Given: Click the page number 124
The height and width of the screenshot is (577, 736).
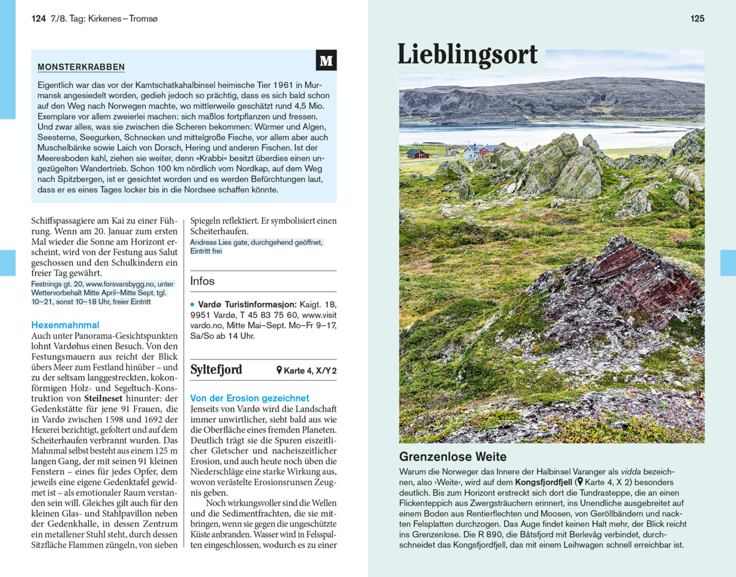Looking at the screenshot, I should click(39, 18).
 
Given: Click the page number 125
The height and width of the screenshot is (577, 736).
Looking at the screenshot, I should click(697, 18).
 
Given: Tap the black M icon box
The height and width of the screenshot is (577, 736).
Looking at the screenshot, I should click(326, 61).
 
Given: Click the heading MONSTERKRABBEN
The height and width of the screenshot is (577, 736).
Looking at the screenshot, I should click(81, 67).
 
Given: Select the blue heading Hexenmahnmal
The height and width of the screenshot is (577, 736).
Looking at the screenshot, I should click(65, 325).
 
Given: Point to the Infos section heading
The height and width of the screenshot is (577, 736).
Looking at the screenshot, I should click(202, 281).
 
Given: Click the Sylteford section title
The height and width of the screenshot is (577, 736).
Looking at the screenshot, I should click(216, 370).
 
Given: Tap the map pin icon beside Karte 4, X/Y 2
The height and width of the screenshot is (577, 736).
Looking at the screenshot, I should click(279, 370).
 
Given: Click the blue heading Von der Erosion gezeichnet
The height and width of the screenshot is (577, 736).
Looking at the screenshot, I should click(249, 398).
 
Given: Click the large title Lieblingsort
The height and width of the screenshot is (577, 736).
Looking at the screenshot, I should click(467, 55).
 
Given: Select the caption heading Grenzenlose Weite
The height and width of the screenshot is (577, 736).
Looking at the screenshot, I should click(453, 456).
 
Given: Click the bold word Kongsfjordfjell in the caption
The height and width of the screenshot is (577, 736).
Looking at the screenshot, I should click(543, 482).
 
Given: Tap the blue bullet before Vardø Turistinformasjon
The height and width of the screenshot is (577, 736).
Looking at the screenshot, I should click(193, 305).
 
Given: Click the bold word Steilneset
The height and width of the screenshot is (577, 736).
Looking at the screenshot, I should click(103, 398).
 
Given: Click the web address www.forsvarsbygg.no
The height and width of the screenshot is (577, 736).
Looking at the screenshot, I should click(120, 284).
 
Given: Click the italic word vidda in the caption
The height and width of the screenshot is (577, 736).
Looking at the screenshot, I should click(630, 472).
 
